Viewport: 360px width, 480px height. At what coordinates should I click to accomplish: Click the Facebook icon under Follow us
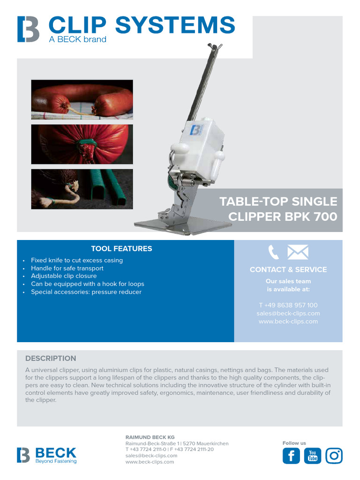coord(291,456)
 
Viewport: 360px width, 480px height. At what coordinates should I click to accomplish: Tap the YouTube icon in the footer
coord(313,456)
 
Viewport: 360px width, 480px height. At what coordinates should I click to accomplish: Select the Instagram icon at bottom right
coord(334,456)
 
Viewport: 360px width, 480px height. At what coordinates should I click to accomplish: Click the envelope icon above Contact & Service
coord(298,253)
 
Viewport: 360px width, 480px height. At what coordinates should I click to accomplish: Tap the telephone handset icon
coord(273,253)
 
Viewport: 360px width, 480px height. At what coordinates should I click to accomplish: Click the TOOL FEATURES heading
coord(121,249)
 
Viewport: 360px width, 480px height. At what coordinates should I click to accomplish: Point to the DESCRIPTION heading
coord(51,359)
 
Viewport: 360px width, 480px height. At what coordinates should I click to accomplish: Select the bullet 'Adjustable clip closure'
coord(64,276)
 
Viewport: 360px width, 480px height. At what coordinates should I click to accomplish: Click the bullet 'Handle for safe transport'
coord(67,268)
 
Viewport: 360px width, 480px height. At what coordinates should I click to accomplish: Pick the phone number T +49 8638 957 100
coord(288,305)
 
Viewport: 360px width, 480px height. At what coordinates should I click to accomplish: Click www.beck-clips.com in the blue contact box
coord(288,322)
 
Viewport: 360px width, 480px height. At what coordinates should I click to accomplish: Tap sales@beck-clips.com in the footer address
coord(151,456)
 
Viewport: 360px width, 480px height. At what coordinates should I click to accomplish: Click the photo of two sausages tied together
coord(82,99)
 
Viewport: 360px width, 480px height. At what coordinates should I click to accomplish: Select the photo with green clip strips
coord(82,189)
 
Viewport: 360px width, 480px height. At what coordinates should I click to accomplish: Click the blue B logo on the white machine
coord(196,129)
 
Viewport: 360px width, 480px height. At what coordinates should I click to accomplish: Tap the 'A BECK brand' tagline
coord(78,40)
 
